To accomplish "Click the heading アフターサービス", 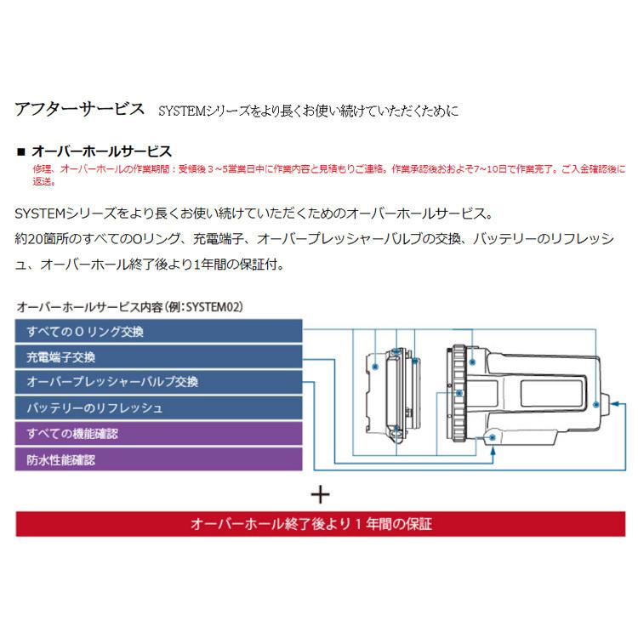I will point(80,110).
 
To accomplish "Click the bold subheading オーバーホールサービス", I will point(101,151).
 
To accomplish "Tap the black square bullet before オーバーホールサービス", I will point(21,152).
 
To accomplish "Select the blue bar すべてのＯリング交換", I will point(159,332).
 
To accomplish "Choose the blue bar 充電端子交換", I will point(159,357).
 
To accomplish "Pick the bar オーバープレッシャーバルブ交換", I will point(159,383).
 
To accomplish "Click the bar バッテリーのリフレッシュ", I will point(159,408).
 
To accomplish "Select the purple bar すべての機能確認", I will point(159,434).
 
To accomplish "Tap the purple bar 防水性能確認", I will point(159,459).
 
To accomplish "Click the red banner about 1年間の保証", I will point(321,523).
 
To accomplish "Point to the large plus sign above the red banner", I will point(320,494).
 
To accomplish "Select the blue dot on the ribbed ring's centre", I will point(459,393).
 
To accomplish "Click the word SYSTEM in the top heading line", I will point(178,111).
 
